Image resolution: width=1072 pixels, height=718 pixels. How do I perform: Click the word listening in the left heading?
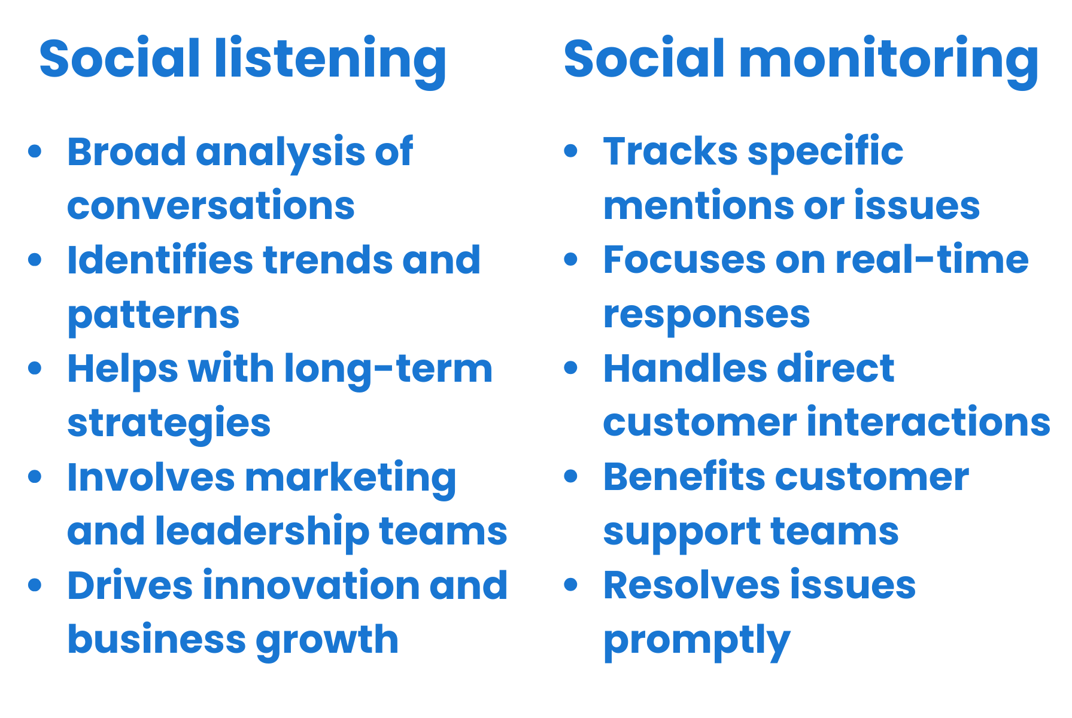(x=330, y=59)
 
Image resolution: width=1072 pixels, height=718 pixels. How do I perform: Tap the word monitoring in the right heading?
(x=888, y=59)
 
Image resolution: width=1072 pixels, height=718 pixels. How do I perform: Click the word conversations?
(x=211, y=205)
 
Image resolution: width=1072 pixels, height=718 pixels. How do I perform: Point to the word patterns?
(x=153, y=315)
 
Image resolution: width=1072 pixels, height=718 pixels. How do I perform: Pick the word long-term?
(x=388, y=369)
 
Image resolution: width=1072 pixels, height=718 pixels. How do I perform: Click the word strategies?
(x=169, y=423)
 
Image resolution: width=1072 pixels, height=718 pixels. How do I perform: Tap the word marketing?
(x=351, y=477)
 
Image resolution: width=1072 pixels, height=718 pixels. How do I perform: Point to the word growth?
(x=327, y=640)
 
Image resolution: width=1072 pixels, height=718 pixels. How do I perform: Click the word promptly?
(x=697, y=640)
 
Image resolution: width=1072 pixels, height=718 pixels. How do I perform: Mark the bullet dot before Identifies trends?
(x=35, y=260)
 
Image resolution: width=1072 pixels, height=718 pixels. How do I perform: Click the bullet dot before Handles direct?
(x=571, y=368)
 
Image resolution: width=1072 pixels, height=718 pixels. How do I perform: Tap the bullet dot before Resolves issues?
(x=571, y=585)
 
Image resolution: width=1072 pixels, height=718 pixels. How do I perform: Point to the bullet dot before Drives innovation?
(x=35, y=585)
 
